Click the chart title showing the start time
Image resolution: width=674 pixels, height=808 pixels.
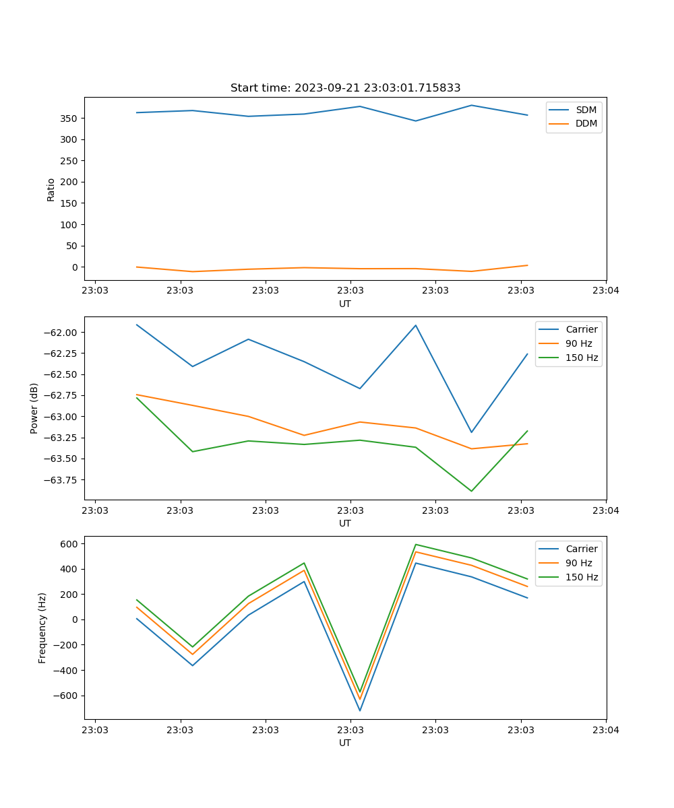pos(345,88)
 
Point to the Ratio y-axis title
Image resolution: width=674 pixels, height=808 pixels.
pos(51,189)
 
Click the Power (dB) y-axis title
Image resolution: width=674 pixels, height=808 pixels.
pos(34,408)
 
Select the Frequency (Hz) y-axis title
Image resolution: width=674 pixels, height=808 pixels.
pos(42,628)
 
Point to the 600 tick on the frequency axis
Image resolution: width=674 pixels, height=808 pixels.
pos(71,543)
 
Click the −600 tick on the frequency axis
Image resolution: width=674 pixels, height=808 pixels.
pos(68,696)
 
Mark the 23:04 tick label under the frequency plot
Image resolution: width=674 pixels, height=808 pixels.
pos(606,730)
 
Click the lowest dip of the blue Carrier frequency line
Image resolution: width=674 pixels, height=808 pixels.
pos(360,710)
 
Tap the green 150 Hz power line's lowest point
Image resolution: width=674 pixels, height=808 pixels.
pos(471,491)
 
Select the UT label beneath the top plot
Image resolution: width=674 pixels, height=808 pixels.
pos(345,304)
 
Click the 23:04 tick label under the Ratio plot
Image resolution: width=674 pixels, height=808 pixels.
pos(606,291)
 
